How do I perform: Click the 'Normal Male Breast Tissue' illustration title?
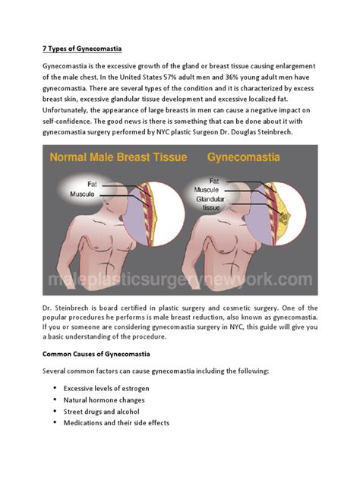tap(122, 159)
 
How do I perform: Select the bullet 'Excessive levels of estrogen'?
tap(106, 388)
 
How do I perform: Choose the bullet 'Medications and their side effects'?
tap(116, 423)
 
